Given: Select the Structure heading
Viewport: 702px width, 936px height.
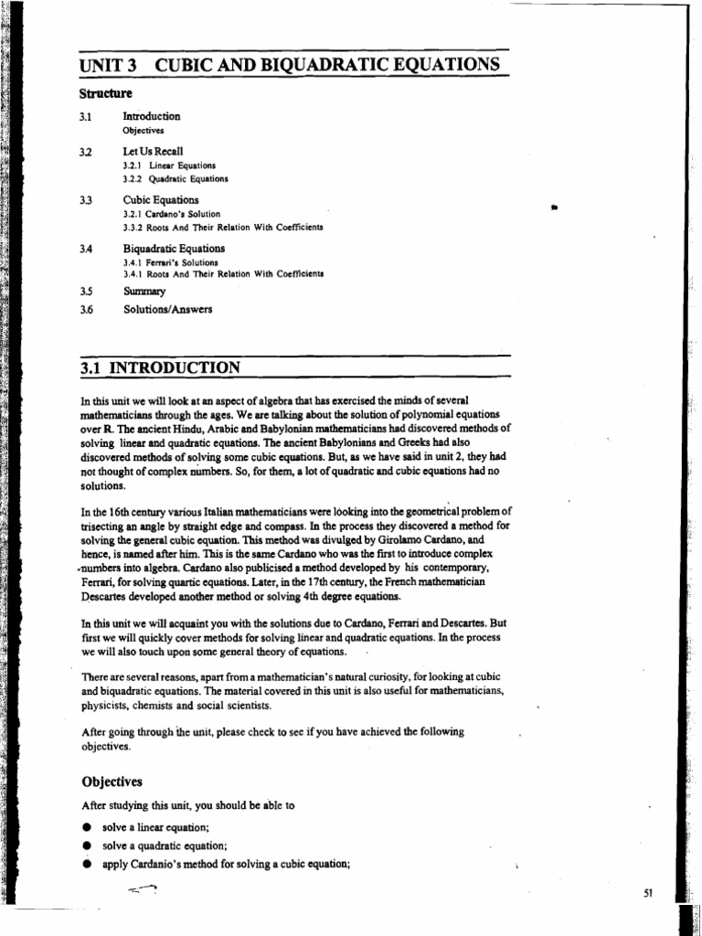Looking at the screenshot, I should pyautogui.click(x=105, y=93).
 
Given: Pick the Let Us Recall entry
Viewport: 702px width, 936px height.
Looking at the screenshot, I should pyautogui.click(x=153, y=151).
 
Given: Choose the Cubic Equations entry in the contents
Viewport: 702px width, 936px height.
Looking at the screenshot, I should pyautogui.click(x=161, y=200).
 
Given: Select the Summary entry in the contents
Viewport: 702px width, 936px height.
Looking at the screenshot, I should pyautogui.click(x=144, y=292).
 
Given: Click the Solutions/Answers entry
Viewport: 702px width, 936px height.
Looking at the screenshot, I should pyautogui.click(x=167, y=309).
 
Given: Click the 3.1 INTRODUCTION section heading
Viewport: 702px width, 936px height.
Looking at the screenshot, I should pyautogui.click(x=161, y=367).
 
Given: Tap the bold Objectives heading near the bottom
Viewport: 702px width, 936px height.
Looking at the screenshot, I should pyautogui.click(x=112, y=782).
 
